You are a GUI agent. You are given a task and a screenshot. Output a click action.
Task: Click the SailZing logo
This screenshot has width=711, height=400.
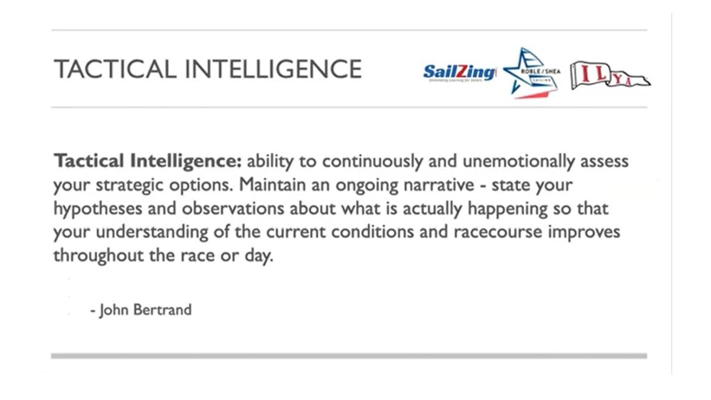point(459,72)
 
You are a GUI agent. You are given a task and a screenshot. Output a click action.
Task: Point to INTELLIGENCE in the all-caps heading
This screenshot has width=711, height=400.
point(273,69)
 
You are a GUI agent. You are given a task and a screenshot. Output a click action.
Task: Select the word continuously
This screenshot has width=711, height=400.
point(373,162)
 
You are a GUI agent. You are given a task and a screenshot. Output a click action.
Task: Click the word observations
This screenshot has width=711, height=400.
point(233,208)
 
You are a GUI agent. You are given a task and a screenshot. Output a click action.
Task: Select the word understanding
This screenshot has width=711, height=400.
point(152,232)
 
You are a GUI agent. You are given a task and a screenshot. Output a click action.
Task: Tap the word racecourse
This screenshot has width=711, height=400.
point(498,232)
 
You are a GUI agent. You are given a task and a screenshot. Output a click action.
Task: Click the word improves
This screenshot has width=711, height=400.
point(584,232)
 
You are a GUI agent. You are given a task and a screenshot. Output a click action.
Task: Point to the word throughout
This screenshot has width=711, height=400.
point(98,255)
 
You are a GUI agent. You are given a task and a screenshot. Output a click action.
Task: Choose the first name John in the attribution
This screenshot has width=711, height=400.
point(114,310)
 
